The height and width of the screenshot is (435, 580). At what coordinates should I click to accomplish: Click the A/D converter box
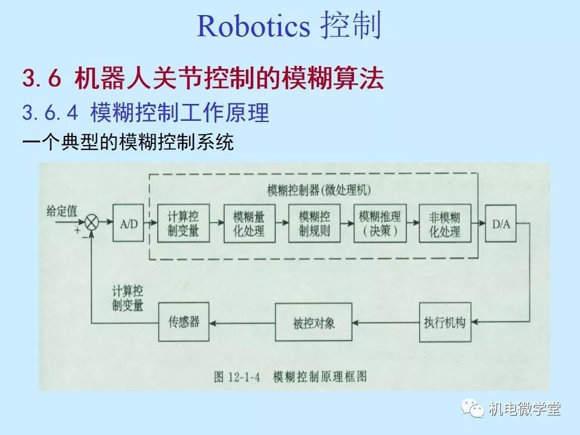129,223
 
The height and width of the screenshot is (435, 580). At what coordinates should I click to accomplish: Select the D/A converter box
501,223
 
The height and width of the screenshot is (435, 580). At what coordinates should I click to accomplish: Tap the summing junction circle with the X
92,223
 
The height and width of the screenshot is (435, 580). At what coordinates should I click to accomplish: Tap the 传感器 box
184,322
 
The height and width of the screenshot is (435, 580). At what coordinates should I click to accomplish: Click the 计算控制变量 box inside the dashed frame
182,223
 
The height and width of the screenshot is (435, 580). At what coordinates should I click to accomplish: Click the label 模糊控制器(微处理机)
319,190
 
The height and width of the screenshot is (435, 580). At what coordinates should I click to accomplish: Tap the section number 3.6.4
51,112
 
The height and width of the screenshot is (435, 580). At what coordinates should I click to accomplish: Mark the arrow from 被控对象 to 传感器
242,323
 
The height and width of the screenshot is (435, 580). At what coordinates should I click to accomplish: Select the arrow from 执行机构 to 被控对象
385,323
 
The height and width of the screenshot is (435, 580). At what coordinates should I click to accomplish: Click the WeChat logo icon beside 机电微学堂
475,409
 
